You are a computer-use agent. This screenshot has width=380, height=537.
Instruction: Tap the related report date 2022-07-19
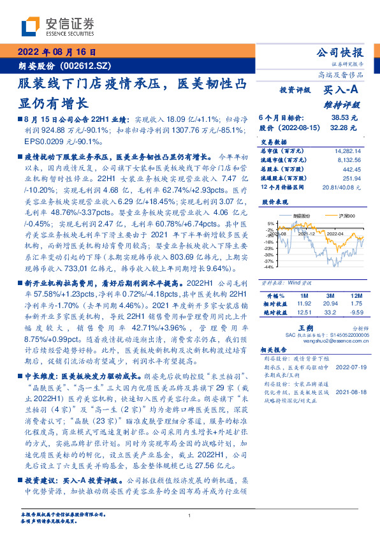(x=349, y=367)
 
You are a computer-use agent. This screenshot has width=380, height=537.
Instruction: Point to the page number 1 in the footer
(x=190, y=516)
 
